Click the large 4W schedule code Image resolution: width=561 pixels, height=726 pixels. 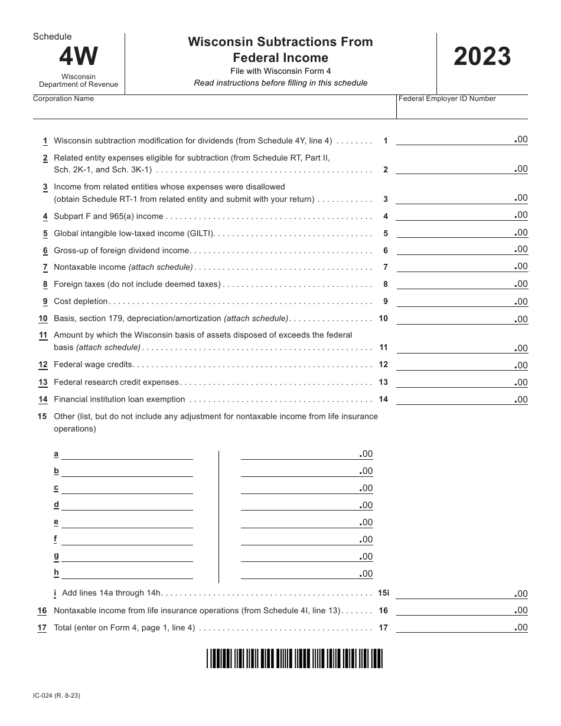79,57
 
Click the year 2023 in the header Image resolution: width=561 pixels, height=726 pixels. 482,57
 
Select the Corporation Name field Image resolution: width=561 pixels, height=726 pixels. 213,110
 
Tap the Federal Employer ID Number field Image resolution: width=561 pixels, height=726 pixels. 462,110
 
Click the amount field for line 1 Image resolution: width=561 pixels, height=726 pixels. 455,140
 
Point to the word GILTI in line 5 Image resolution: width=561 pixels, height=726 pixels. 200,234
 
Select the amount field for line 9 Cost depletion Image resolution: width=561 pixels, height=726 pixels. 455,302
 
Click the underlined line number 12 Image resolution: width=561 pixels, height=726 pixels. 43,365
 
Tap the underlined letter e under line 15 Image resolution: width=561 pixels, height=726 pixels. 56,522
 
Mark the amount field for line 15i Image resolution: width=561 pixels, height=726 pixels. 455,594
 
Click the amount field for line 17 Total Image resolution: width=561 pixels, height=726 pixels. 455,628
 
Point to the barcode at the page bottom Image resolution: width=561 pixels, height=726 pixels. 295,658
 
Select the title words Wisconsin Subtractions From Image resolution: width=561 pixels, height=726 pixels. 280,42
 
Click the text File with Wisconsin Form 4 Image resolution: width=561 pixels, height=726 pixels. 280,71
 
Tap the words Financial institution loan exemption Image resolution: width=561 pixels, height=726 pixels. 119,400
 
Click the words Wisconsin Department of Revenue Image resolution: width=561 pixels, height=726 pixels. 79,80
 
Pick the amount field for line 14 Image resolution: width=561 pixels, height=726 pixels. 455,400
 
